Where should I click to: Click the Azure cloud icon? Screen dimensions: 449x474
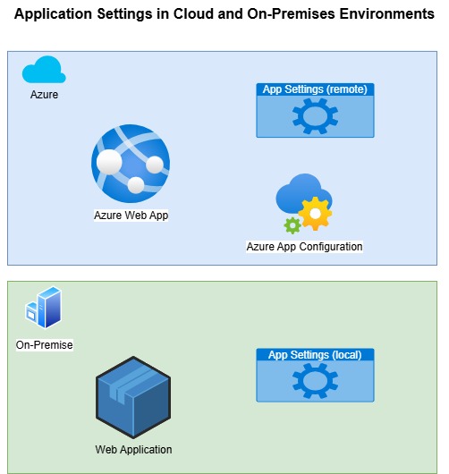tap(44, 70)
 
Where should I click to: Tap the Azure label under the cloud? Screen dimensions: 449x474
tap(44, 95)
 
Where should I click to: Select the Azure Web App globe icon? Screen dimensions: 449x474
tap(131, 164)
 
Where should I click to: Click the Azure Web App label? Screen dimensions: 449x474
tap(131, 216)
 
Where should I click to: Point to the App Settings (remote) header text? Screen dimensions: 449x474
tap(315, 89)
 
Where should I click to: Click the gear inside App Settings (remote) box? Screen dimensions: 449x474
tap(315, 116)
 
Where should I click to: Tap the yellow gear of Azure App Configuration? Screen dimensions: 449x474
tap(315, 214)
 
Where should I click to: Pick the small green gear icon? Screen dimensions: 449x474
tap(292, 225)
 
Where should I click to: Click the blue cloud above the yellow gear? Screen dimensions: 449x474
tap(303, 193)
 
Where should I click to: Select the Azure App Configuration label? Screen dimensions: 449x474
tap(304, 247)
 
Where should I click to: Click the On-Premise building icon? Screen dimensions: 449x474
tap(44, 307)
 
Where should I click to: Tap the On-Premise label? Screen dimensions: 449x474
tap(44, 344)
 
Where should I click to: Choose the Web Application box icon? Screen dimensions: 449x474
tap(133, 397)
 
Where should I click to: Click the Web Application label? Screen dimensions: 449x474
tap(133, 450)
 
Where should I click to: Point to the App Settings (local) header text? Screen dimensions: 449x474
tap(315, 354)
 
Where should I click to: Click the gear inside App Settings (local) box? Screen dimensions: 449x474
tap(315, 381)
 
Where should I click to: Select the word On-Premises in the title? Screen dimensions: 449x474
tap(291, 13)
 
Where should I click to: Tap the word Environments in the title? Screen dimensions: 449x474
tap(386, 13)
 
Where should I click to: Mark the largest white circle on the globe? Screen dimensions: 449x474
tap(109, 162)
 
